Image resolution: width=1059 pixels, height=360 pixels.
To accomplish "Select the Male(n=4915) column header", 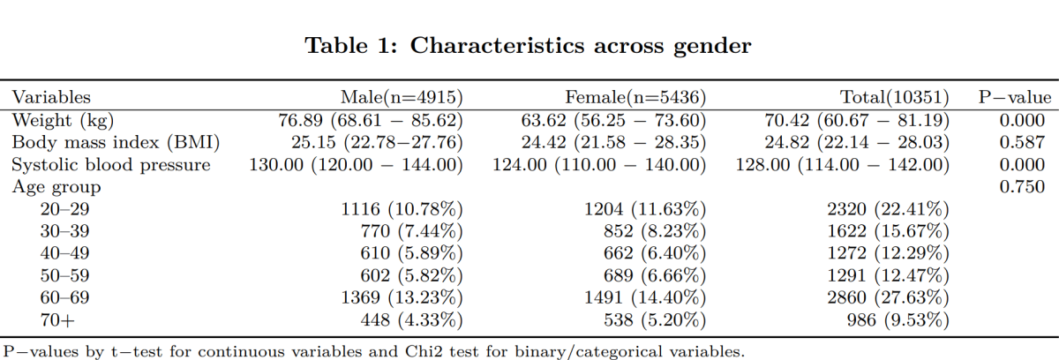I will click(x=402, y=97).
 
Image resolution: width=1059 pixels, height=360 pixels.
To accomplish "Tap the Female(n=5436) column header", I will click(x=635, y=97).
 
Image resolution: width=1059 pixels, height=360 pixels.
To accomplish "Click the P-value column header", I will click(x=1014, y=97).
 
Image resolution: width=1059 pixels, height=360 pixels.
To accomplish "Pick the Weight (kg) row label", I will click(x=63, y=119).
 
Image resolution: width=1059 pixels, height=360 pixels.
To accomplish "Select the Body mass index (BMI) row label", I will click(x=115, y=141).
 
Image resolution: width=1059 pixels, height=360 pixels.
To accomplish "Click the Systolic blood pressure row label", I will click(x=110, y=164).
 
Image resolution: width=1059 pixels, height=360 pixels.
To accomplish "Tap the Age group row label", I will click(x=56, y=186).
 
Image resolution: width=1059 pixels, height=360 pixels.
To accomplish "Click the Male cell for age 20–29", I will click(x=402, y=209).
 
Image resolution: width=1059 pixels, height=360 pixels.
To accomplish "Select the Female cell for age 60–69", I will click(x=647, y=297).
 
